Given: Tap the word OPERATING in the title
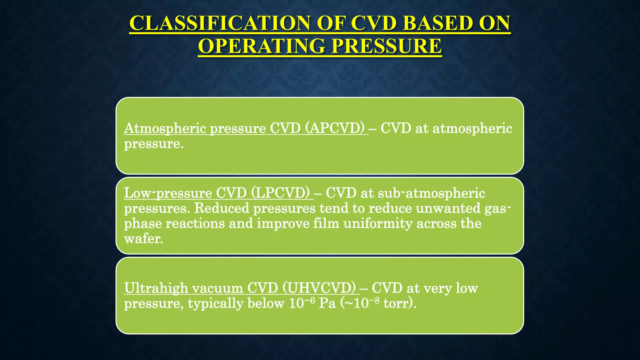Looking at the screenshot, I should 262,46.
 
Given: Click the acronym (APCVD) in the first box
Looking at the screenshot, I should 335,128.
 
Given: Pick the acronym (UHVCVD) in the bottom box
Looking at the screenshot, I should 319,288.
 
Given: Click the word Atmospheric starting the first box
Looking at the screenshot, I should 165,128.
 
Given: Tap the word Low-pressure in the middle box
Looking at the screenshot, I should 168,193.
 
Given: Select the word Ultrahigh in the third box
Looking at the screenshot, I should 156,288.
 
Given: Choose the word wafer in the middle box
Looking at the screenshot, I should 143,239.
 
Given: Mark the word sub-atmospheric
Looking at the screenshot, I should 431,193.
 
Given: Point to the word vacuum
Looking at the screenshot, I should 217,288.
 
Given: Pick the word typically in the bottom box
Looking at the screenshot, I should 215,303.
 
